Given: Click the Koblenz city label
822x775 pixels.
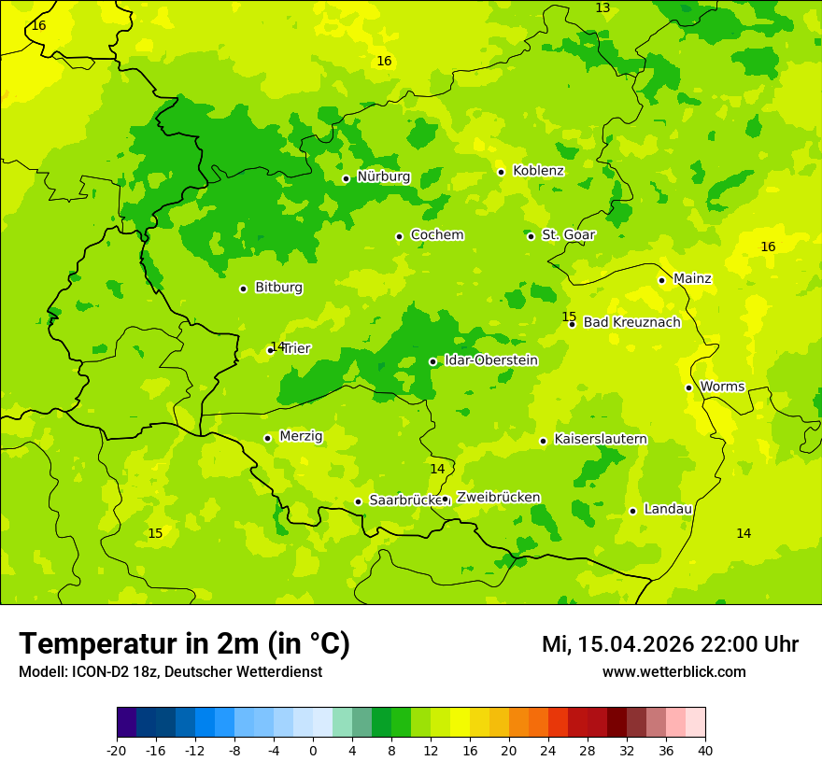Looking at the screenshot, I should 538,171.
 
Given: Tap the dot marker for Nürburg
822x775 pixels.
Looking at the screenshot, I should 346,178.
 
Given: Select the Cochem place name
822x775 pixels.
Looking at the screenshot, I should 436,235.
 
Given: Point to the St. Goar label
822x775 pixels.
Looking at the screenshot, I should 568,235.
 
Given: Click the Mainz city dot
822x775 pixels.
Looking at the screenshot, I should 661,280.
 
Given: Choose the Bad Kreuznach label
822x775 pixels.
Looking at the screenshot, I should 631,323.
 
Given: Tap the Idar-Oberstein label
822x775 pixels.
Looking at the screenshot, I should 490,360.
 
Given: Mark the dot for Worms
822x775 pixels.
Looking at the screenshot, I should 688,387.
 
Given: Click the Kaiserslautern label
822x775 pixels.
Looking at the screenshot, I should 601,440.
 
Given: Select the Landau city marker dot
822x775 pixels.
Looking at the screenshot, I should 632,511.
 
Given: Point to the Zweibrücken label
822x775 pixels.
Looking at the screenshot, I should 498,498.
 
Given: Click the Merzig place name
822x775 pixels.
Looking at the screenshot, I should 301,437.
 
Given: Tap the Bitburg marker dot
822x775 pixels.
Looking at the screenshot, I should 243,289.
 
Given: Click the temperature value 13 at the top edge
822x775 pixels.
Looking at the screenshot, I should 602,8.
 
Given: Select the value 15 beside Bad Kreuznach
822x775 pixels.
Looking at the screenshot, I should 569,317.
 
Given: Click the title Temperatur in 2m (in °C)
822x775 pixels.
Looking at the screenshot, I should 184,644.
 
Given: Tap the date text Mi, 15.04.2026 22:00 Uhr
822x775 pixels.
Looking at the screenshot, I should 670,644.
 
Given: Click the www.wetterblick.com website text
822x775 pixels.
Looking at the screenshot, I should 673,672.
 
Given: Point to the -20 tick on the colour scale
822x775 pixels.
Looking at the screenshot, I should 117,750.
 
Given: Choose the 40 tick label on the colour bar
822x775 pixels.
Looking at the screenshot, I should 705,750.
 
